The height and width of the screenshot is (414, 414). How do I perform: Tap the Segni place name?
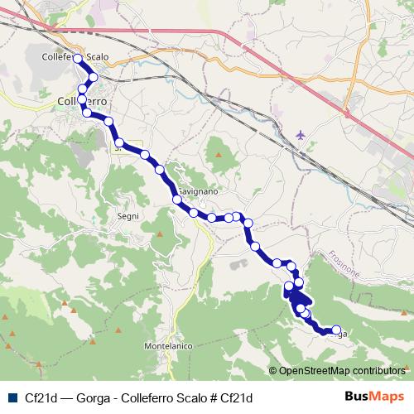[x=128, y=215]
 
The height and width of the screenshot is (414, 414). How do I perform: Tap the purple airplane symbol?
[x=300, y=133]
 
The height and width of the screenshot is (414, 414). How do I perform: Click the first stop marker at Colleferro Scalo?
[x=78, y=59]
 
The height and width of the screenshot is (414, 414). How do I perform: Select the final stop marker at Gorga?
[x=336, y=330]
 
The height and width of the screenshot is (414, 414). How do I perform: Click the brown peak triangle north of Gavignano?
[x=219, y=154]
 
